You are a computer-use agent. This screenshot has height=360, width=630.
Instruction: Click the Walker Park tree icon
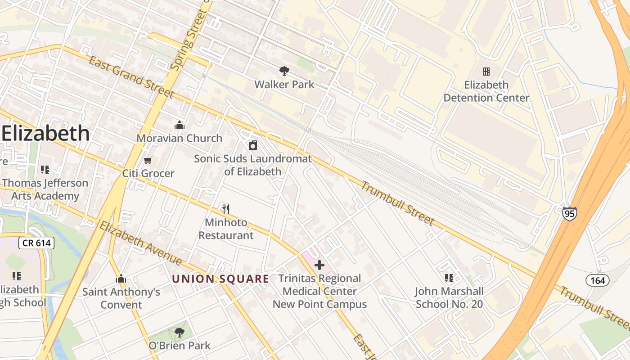(284, 71)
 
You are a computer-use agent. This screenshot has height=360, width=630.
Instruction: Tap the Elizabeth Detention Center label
(486, 91)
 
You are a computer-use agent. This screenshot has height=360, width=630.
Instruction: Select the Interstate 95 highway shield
(569, 213)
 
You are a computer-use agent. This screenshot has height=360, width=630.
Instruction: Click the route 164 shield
(598, 280)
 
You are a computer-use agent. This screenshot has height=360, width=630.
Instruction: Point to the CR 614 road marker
(36, 243)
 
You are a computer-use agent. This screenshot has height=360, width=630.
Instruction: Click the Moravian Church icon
(180, 125)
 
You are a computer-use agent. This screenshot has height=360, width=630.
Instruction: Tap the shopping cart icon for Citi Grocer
(148, 160)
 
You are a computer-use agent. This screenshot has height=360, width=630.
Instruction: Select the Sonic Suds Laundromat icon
(253, 145)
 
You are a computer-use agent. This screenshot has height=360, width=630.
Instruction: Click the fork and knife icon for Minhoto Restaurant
(226, 209)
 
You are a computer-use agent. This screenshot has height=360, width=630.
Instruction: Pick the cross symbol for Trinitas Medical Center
(319, 265)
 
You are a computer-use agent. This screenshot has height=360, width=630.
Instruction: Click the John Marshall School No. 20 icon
(449, 278)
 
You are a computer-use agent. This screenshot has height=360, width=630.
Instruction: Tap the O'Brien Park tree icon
(180, 333)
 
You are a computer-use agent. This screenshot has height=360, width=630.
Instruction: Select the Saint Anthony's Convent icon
(121, 279)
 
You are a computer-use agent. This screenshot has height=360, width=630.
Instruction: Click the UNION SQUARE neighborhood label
(220, 279)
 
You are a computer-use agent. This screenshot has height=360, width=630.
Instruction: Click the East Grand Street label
(130, 76)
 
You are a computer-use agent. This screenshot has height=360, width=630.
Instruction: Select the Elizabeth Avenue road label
(140, 243)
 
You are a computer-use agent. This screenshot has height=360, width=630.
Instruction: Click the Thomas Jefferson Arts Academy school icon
(45, 170)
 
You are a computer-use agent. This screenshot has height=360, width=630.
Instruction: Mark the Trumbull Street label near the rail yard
(397, 203)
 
